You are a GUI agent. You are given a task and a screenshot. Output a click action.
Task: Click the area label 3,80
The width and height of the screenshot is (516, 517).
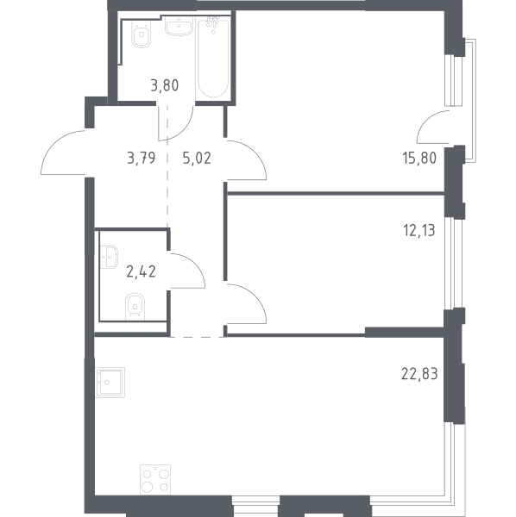[165, 85]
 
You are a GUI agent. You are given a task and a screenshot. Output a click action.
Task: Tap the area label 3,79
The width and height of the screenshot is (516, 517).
[141, 159]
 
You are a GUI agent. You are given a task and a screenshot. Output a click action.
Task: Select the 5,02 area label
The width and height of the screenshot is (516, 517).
[197, 159]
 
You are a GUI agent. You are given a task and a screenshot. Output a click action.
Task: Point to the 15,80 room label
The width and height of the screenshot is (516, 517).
[419, 159]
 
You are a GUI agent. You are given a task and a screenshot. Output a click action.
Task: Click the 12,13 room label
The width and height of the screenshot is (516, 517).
[419, 230]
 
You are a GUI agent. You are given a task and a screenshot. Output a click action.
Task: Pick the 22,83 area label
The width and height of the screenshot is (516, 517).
[419, 374]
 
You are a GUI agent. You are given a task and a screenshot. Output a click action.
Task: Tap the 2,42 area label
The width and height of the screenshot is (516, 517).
[141, 272]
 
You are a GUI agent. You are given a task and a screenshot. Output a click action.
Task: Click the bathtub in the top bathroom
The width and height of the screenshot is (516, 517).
[213, 59]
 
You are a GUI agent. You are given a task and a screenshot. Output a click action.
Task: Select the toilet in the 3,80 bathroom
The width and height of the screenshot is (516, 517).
[142, 34]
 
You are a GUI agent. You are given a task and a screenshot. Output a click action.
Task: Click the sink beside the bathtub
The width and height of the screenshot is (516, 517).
[179, 28]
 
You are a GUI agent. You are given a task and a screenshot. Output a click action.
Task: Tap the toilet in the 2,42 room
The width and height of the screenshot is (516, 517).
[135, 307]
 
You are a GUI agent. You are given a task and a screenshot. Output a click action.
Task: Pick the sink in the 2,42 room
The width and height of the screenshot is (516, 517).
[109, 257]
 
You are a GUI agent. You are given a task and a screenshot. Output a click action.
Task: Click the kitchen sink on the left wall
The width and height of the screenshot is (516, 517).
[110, 383]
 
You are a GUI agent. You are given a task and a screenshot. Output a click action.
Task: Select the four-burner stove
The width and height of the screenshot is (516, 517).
[155, 480]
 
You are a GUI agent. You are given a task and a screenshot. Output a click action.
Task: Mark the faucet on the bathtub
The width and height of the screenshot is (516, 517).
[211, 24]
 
